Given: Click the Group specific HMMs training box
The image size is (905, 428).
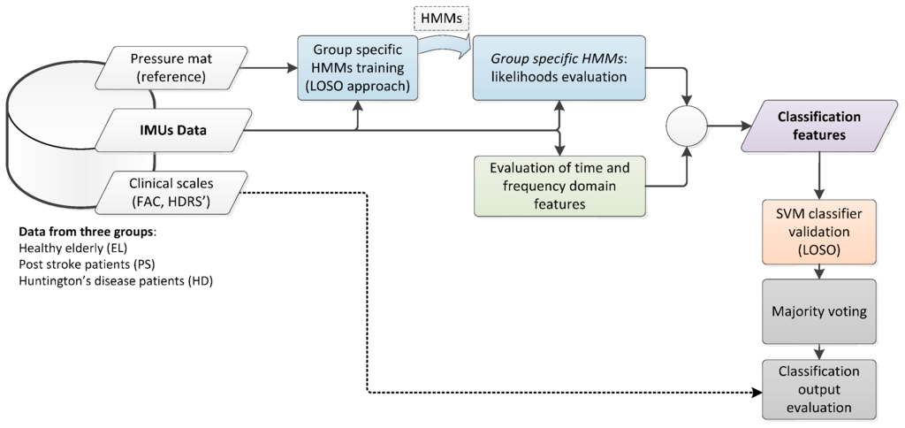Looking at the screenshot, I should click(x=357, y=66).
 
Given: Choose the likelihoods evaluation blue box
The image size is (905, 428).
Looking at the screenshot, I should click(x=558, y=66).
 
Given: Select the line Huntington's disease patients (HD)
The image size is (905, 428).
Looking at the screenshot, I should click(x=115, y=281).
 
